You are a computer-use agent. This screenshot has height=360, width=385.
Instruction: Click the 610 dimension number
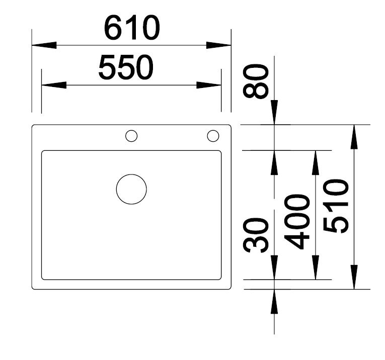pyautogui.click(x=132, y=28)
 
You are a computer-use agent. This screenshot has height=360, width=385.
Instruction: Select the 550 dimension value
pyautogui.click(x=126, y=67)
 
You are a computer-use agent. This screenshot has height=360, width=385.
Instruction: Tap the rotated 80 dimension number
pyautogui.click(x=255, y=81)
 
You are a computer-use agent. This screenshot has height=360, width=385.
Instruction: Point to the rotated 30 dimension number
pyautogui.click(x=255, y=235)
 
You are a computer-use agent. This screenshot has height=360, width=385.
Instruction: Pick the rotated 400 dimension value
pyautogui.click(x=296, y=222)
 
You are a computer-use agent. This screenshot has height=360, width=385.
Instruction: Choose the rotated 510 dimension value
pyautogui.click(x=336, y=206)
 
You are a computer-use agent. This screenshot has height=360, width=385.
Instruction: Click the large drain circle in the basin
pyautogui.click(x=131, y=189)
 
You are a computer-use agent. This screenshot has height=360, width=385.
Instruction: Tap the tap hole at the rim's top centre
pyautogui.click(x=131, y=136)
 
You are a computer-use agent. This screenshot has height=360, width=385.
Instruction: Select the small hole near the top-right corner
pyautogui.click(x=213, y=136)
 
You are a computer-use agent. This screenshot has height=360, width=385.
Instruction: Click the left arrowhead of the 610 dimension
pyautogui.click(x=44, y=45)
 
